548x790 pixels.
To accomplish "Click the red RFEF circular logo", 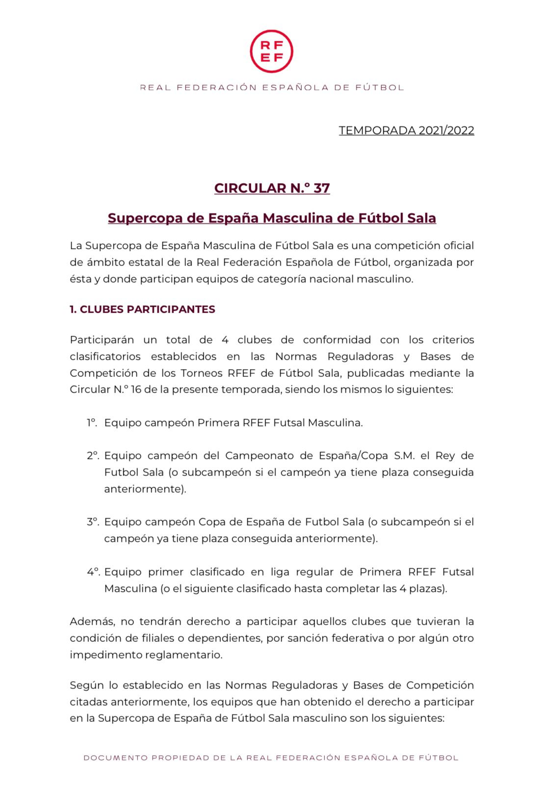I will point(271,51).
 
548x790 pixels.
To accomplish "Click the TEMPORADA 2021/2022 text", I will point(406,131).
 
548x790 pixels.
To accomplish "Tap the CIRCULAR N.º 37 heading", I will point(272,188).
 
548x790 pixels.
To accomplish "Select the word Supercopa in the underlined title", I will point(145,218).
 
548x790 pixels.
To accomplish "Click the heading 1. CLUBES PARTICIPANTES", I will point(142,309).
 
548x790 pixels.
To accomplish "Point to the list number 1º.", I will point(92,422).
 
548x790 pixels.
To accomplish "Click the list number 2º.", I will point(93,455).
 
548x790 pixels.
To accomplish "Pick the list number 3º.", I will point(93,522).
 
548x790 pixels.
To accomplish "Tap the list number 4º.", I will point(93,572).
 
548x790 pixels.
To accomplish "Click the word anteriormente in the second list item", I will point(145,489).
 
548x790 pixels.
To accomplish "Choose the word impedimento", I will point(104,655).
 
